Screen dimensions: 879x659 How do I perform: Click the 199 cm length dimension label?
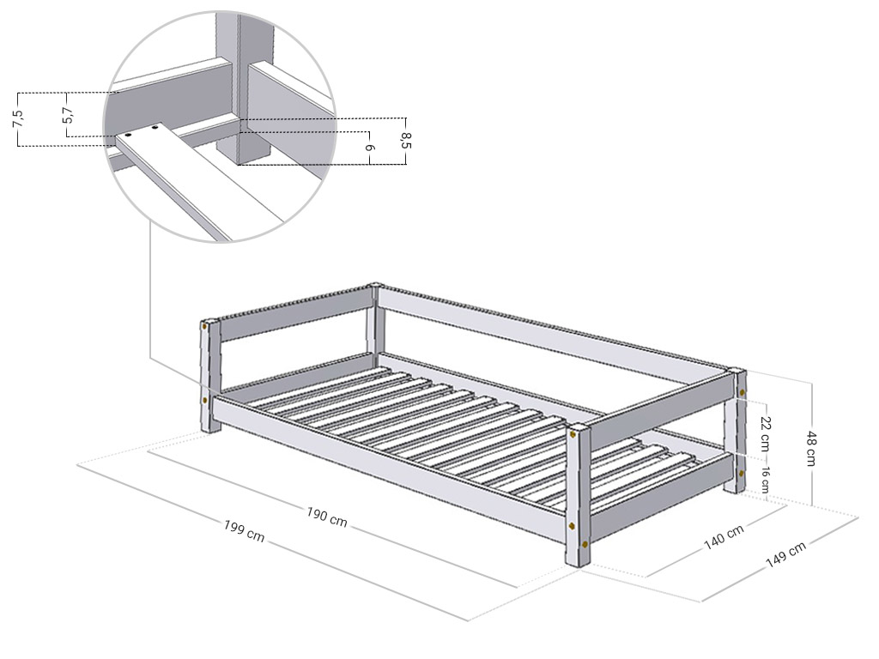pos(245,530)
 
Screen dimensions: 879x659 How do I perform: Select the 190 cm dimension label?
pos(327,517)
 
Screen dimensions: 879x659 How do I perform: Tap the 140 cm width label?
pos(724,537)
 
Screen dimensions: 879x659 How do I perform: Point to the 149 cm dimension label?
pos(785,555)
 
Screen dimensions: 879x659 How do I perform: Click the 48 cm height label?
pos(810,448)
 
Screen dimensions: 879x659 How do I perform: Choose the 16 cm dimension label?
pos(765,479)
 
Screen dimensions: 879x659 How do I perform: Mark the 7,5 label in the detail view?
pos(18,118)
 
